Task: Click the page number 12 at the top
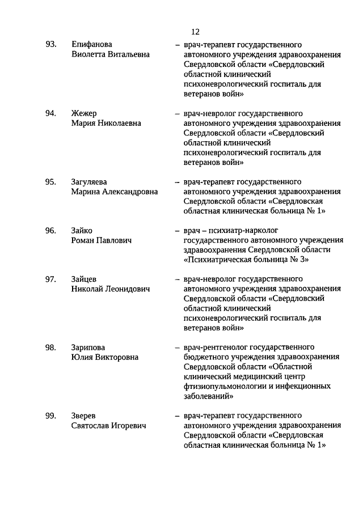pyautogui.click(x=196, y=32)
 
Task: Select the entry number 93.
pyautogui.click(x=51, y=44)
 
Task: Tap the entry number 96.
pyautogui.click(x=51, y=230)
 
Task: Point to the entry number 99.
pyautogui.click(x=51, y=416)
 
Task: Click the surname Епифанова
pyautogui.click(x=92, y=44)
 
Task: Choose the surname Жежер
pyautogui.click(x=85, y=113)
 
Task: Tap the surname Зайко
pyautogui.click(x=82, y=230)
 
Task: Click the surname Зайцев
pyautogui.click(x=85, y=279)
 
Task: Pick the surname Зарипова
pyautogui.click(x=88, y=347)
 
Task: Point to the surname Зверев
pyautogui.click(x=84, y=416)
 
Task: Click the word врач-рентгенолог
pyautogui.click(x=213, y=347)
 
